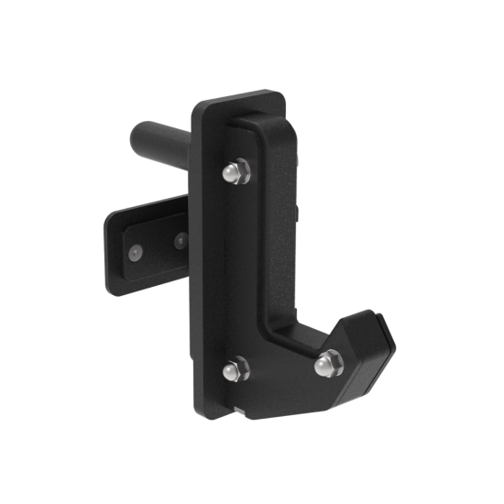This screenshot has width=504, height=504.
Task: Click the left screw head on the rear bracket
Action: click(135, 251)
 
